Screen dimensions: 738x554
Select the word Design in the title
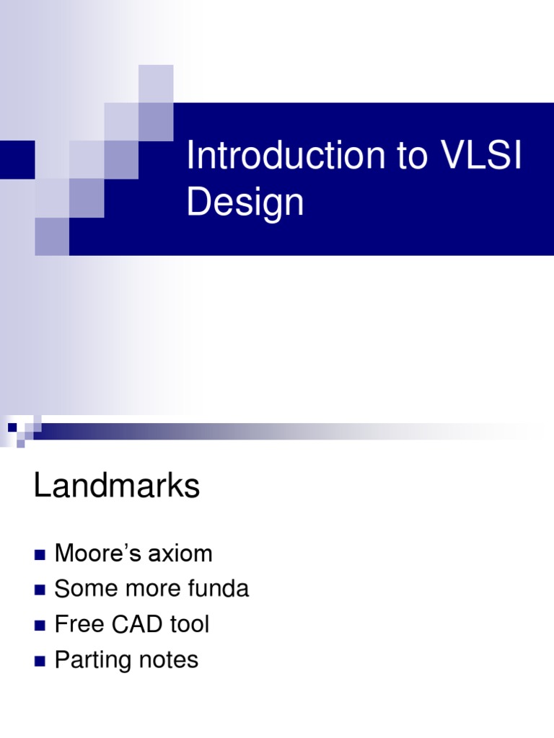click(245, 203)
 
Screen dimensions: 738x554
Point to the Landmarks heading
click(116, 487)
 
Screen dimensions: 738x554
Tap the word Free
click(79, 624)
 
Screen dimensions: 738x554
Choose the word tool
click(189, 624)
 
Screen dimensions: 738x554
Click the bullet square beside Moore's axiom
click(39, 555)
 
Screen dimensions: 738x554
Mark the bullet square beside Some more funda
click(39, 590)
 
